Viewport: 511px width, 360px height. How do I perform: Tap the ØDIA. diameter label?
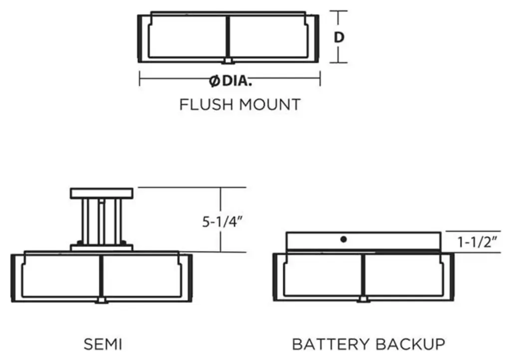(231, 80)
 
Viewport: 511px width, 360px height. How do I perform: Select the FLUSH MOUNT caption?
(240, 105)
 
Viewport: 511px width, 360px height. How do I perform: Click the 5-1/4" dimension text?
(223, 222)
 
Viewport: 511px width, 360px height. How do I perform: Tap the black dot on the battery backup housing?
(343, 239)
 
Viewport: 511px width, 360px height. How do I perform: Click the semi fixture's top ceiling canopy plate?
(102, 192)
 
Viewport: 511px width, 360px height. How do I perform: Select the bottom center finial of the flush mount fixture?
(228, 61)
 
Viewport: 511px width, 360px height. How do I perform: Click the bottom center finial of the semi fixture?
(102, 300)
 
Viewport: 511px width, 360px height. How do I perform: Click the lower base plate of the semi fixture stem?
(102, 247)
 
